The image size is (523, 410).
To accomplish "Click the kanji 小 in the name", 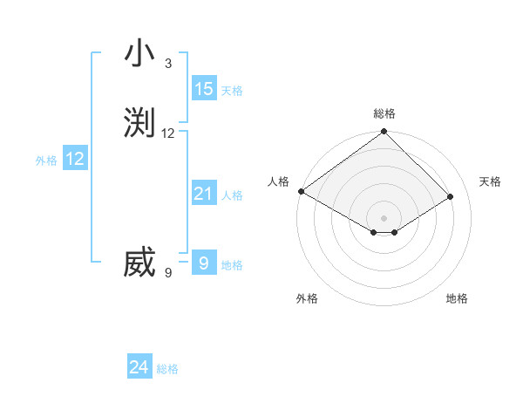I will pyautogui.click(x=139, y=54).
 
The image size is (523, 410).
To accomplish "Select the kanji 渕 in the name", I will pyautogui.click(x=139, y=123).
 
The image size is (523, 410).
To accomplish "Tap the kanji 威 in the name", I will pyautogui.click(x=139, y=263).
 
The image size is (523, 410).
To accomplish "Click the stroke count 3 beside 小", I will pyautogui.click(x=168, y=64).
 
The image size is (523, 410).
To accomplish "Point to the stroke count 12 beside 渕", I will pyautogui.click(x=168, y=133).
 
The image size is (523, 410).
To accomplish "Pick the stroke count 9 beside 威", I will pyautogui.click(x=168, y=273).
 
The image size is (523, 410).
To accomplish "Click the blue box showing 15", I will pyautogui.click(x=203, y=89).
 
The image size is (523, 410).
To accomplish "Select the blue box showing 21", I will pyautogui.click(x=203, y=194).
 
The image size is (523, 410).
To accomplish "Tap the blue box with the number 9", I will pyautogui.click(x=203, y=263).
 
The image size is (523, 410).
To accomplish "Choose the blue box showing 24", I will pyautogui.click(x=139, y=368).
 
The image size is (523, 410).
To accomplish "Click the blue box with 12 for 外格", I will pyautogui.click(x=75, y=159).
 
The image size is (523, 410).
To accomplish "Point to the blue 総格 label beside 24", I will pyautogui.click(x=167, y=369).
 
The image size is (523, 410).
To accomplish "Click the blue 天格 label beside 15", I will pyautogui.click(x=231, y=90).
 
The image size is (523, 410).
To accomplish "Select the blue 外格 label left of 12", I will pyautogui.click(x=46, y=160).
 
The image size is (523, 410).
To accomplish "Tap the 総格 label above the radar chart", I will pyautogui.click(x=384, y=113).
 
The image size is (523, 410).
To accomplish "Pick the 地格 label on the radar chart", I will pyautogui.click(x=457, y=298).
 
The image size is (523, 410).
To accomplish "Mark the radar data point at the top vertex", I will pyautogui.click(x=384, y=133).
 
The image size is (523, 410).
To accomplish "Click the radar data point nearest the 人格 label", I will pyautogui.click(x=301, y=191).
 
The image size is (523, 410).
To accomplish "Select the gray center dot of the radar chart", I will pyautogui.click(x=384, y=217).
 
